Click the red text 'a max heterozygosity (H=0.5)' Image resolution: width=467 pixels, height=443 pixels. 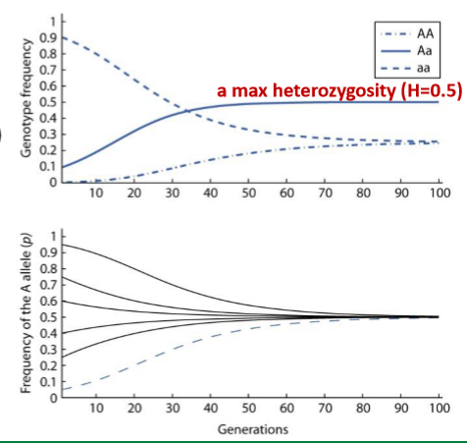tap(338, 90)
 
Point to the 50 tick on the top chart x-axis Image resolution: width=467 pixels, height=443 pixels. tap(248, 193)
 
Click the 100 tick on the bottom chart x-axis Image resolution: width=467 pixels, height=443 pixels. tap(438, 408)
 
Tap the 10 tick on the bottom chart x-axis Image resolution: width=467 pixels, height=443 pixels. tap(96, 408)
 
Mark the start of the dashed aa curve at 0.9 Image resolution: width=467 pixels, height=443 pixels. tap(63, 37)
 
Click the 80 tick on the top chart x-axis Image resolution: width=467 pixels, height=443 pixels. tap(362, 193)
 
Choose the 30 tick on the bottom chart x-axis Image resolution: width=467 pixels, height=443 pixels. tap(173, 408)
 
